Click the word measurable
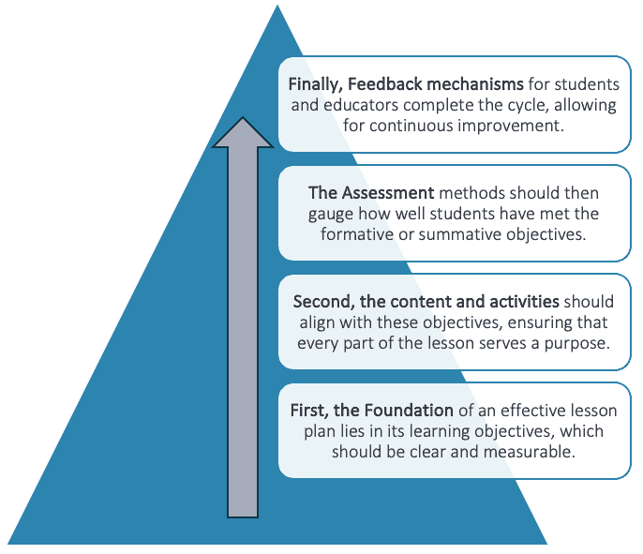point(529,452)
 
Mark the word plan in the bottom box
point(318,431)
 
